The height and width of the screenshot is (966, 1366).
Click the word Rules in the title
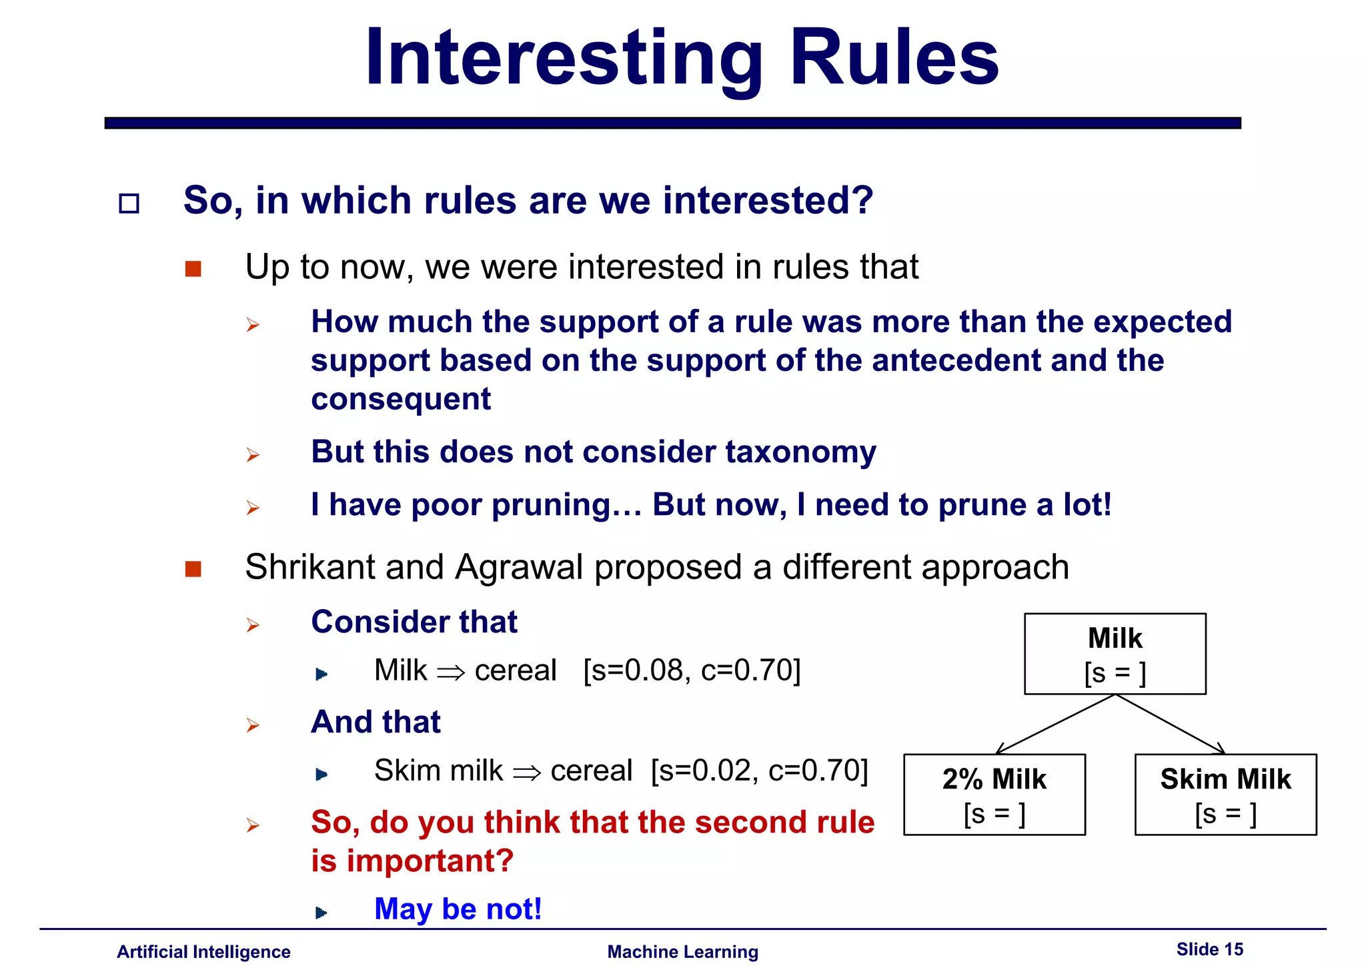pyautogui.click(x=894, y=59)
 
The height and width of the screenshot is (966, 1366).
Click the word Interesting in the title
pyautogui.click(x=564, y=59)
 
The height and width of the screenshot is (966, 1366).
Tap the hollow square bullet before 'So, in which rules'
pyautogui.click(x=129, y=203)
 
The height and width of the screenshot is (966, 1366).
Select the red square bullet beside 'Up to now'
pyautogui.click(x=193, y=269)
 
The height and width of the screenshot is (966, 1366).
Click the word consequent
pyautogui.click(x=401, y=400)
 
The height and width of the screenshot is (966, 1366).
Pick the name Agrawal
pyautogui.click(x=519, y=568)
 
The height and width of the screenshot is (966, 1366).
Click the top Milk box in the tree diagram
pyautogui.click(x=1115, y=654)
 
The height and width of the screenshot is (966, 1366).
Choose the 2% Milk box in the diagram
pyautogui.click(x=994, y=795)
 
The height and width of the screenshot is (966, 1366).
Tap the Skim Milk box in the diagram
pyautogui.click(x=1225, y=795)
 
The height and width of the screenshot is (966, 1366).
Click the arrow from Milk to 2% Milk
pyautogui.click(x=1055, y=724)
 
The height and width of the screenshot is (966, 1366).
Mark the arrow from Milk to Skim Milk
pyautogui.click(x=1171, y=724)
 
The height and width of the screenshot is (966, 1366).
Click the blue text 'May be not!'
pyautogui.click(x=458, y=909)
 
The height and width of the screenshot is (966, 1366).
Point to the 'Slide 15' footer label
pyautogui.click(x=1209, y=949)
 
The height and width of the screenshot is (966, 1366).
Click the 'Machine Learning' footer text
pyautogui.click(x=682, y=952)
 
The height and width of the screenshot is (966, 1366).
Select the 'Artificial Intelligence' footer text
pyautogui.click(x=203, y=952)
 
